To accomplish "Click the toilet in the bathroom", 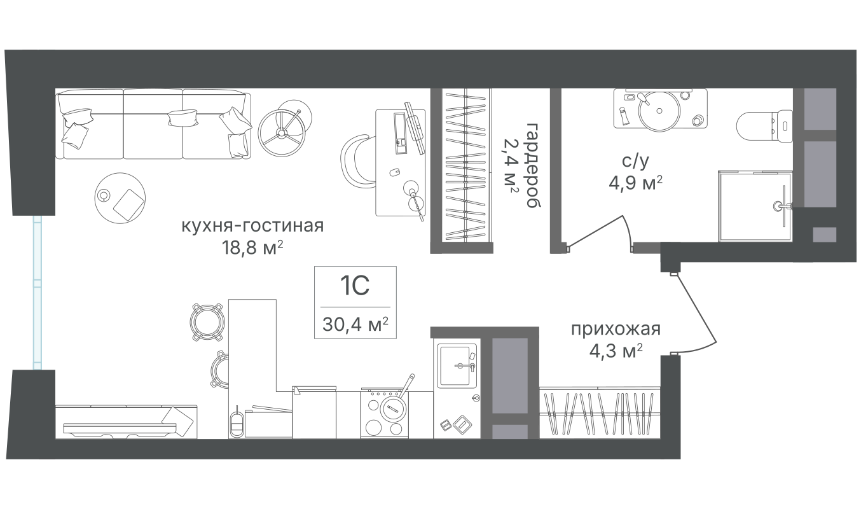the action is click(764, 126).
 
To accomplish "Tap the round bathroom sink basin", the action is click(659, 111).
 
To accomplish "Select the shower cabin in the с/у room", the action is click(755, 206).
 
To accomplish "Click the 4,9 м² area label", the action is click(635, 183).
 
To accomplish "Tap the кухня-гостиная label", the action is click(252, 227).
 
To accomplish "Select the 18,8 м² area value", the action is click(252, 248).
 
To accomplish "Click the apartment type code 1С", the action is click(355, 286).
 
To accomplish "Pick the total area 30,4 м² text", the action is click(355, 324).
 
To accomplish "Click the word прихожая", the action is click(616, 330).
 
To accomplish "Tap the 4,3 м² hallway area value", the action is click(616, 351).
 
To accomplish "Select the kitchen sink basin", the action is click(455, 366).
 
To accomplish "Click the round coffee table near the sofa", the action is click(120, 198).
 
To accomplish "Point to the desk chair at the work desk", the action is click(357, 161).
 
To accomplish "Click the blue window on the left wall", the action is click(37, 293).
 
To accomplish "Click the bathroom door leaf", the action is click(595, 231).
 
